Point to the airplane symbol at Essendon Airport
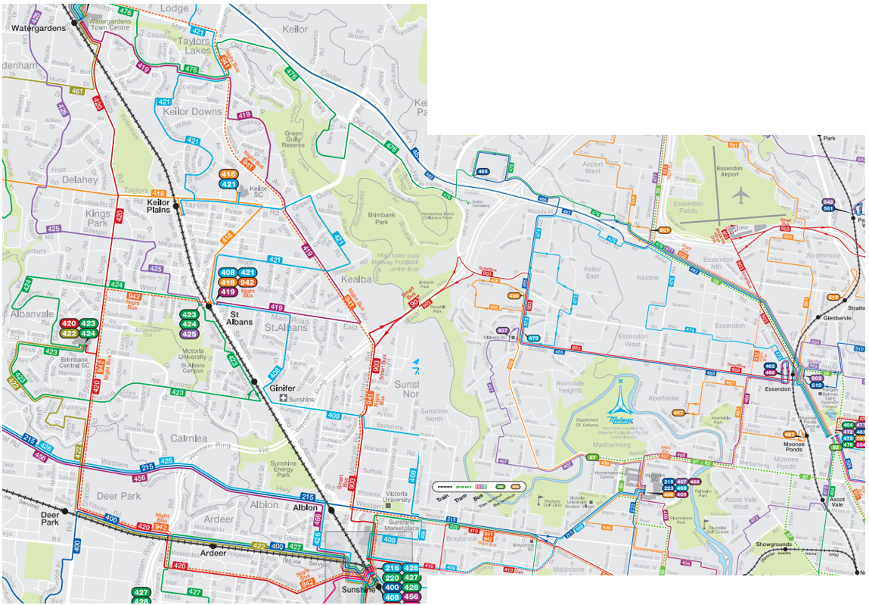click(x=740, y=195)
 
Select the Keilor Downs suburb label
click(x=193, y=111)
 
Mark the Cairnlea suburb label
click(x=189, y=438)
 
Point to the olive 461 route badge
click(x=76, y=91)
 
